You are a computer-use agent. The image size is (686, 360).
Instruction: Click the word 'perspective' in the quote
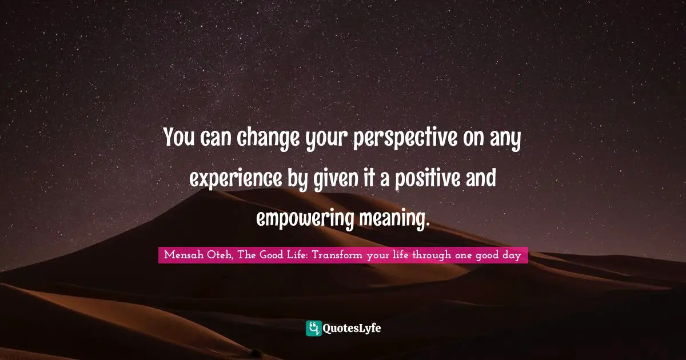(405, 138)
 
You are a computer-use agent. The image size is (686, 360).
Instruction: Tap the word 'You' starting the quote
(179, 137)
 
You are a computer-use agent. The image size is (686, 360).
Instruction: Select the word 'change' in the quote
(268, 139)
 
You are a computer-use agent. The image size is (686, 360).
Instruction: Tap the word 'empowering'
(304, 219)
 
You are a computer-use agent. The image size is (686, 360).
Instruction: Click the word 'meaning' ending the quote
(393, 219)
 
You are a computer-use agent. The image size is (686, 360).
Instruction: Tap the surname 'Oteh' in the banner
(220, 255)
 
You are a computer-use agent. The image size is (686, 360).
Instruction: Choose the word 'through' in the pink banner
(432, 255)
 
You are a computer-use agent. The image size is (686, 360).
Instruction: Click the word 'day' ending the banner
(512, 255)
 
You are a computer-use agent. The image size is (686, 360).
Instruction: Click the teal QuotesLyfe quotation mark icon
(313, 329)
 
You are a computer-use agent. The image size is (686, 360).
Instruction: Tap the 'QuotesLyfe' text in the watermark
(352, 329)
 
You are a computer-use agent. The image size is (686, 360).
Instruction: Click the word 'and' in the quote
(481, 178)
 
